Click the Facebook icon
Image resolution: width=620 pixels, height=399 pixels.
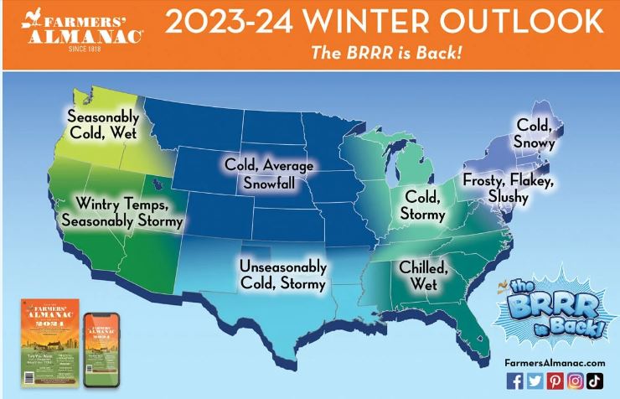tap(514, 381)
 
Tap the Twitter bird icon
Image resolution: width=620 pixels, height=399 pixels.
tap(535, 381)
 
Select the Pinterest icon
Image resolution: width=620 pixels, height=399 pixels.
tap(555, 381)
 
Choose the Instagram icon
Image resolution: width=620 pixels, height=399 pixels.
tap(575, 381)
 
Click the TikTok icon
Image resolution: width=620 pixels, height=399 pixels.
tap(595, 381)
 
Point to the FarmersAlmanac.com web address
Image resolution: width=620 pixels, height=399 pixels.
tap(555, 361)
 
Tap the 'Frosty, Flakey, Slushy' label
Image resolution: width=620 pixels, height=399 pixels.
tap(508, 189)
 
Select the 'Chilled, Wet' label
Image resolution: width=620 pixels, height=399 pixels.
tap(423, 277)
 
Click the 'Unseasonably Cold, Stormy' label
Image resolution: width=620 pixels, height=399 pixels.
tap(282, 275)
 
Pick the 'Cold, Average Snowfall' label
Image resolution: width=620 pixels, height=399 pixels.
tap(268, 174)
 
